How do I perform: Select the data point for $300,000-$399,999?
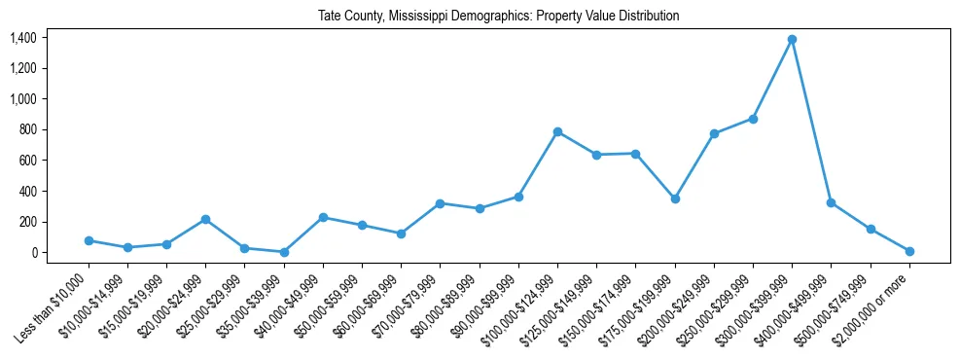pyautogui.click(x=793, y=39)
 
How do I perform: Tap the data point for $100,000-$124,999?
pyautogui.click(x=557, y=131)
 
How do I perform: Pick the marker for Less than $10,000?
pyautogui.click(x=89, y=240)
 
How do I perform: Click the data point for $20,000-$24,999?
pyautogui.click(x=205, y=219)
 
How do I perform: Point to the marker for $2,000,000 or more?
pyautogui.click(x=909, y=251)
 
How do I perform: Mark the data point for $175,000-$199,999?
pyautogui.click(x=675, y=198)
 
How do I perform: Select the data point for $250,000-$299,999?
pyautogui.click(x=753, y=119)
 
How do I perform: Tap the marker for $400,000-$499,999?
pyautogui.click(x=832, y=202)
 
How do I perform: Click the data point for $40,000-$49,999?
pyautogui.click(x=323, y=217)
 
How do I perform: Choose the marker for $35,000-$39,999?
pyautogui.click(x=284, y=252)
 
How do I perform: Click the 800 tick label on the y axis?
pyautogui.click(x=26, y=129)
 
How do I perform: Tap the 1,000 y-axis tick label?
pyautogui.click(x=22, y=99)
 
